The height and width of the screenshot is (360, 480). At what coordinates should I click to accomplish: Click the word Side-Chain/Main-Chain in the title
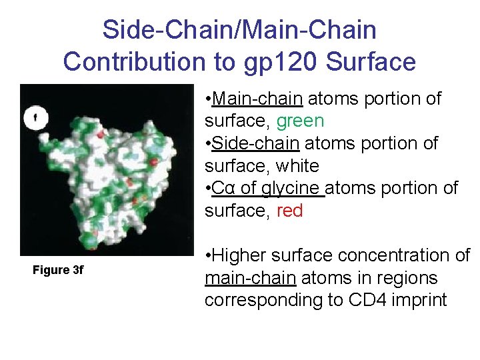point(239,29)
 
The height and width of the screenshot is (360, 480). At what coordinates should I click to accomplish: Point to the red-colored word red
point(289,211)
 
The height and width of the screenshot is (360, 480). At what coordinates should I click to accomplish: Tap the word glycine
point(289,189)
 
